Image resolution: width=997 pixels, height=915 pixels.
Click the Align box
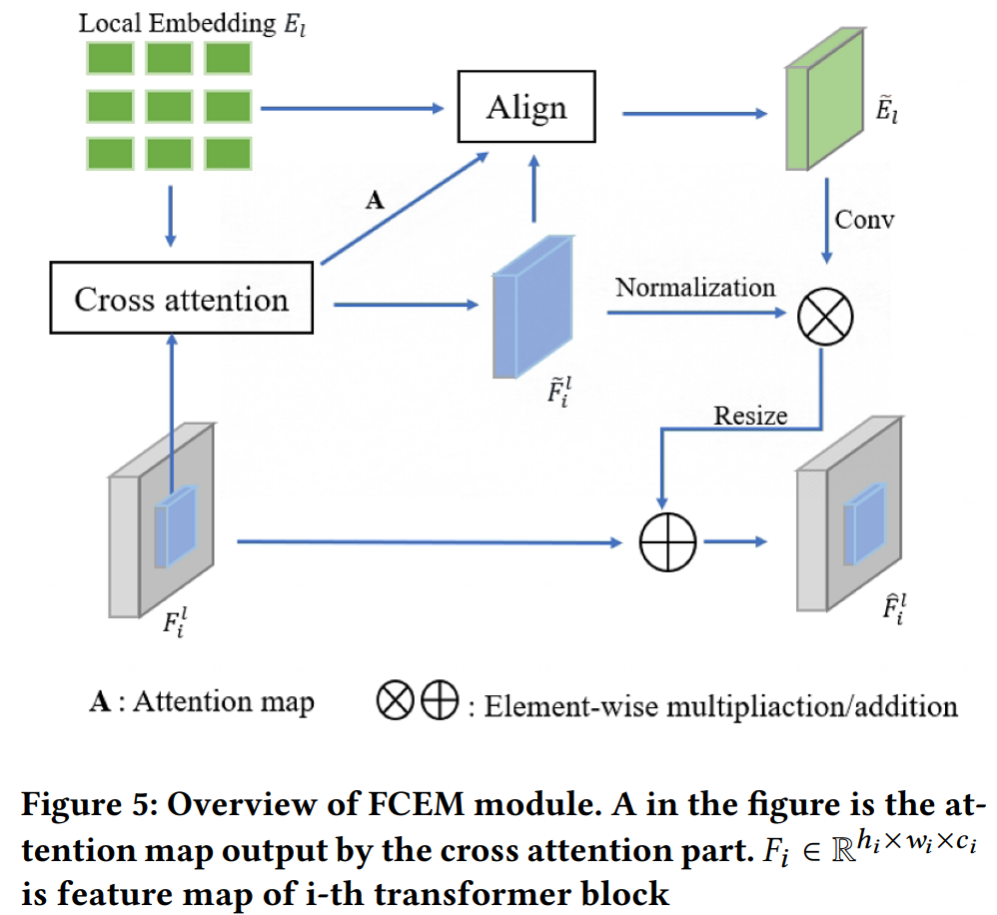(x=526, y=106)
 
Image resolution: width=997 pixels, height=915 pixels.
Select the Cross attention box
(x=181, y=299)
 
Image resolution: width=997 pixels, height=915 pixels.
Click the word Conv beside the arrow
(x=865, y=218)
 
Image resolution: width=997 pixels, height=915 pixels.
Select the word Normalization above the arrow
(x=695, y=288)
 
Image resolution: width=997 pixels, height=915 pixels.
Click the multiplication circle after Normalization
(x=826, y=319)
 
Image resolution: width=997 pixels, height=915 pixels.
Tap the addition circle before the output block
(x=665, y=543)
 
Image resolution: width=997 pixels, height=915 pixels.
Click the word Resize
(x=751, y=416)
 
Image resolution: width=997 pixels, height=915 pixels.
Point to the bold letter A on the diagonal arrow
(x=375, y=202)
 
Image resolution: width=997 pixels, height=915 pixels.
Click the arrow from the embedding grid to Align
(x=350, y=106)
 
